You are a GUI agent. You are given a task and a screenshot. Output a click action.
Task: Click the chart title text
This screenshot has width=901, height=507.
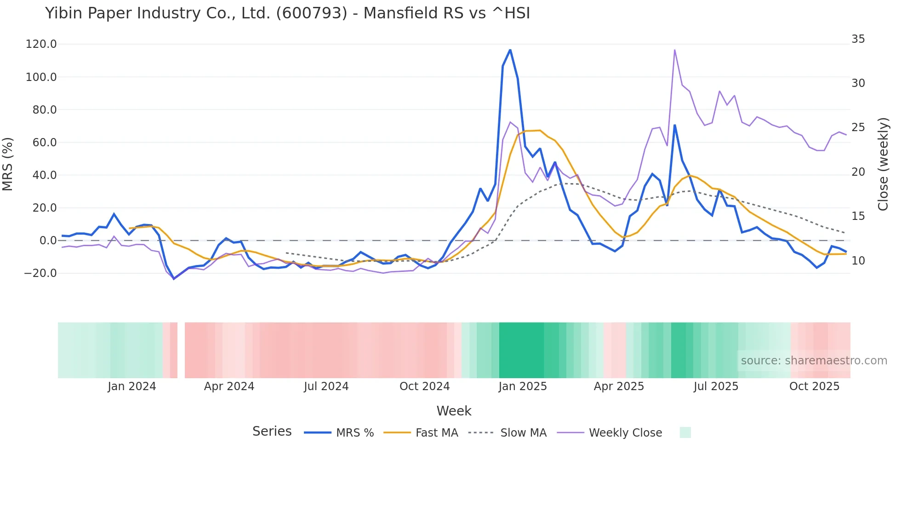coord(287,13)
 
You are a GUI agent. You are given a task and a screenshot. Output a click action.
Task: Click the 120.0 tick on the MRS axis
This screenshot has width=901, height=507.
coord(41,44)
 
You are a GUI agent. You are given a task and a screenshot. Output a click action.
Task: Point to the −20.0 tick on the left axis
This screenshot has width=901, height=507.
coord(40,273)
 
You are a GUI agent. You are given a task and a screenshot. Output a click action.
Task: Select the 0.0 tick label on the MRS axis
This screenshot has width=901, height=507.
coord(48,241)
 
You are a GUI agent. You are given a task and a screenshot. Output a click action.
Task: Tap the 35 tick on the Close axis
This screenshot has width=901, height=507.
coord(858,39)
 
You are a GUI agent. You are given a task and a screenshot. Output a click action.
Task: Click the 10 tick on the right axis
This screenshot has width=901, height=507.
coord(858,261)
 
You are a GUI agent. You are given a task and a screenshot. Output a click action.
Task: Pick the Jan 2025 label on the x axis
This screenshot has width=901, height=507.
coord(523,386)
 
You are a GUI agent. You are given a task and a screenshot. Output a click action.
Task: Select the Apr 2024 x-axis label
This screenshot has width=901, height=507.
coord(229,386)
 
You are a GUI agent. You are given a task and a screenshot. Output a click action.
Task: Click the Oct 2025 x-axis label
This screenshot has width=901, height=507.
coord(814,386)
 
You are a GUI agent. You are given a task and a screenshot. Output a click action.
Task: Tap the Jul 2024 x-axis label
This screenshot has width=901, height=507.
coord(326,386)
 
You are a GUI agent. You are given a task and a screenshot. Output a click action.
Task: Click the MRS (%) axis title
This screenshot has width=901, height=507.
coord(8,164)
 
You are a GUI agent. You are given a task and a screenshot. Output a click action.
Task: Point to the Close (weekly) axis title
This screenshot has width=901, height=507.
coord(883,164)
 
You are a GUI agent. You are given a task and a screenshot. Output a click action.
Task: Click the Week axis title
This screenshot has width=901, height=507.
coord(454,411)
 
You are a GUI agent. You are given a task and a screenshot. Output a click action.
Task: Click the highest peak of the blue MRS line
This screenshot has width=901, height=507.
coord(510,50)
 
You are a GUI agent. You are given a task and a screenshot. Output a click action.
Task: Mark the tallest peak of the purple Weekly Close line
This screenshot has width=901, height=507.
coord(674,50)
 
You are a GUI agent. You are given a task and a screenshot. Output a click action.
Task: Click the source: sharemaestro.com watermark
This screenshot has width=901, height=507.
coord(814,361)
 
